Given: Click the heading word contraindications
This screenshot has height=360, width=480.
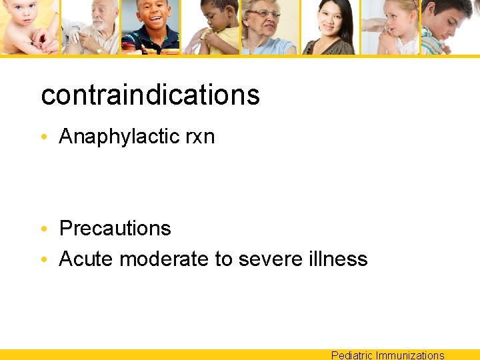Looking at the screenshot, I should tap(150, 95).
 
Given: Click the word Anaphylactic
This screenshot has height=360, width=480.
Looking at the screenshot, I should tap(117, 137).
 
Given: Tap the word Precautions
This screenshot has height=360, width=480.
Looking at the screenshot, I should tap(115, 229).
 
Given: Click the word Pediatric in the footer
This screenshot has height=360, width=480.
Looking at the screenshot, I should tap(352, 355).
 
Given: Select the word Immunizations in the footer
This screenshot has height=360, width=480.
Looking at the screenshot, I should tap(410, 355).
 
